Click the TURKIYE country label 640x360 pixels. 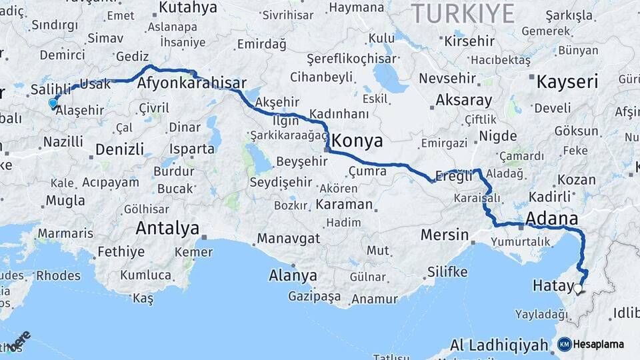pos(463,13)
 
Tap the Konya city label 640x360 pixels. pos(357,141)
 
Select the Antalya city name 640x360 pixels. pos(167,229)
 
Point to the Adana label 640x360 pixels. pos(551,219)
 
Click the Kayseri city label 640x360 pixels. pos(567,82)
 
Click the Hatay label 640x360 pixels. pos(553,286)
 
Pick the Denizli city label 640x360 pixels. pos(119,149)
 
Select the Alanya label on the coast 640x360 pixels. pos(293,275)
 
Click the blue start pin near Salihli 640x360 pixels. pos(53,103)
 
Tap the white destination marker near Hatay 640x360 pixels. pos(578,289)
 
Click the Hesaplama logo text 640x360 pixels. pos(599,344)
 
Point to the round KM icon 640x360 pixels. pos(564,344)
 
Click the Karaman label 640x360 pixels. pos(344,204)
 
